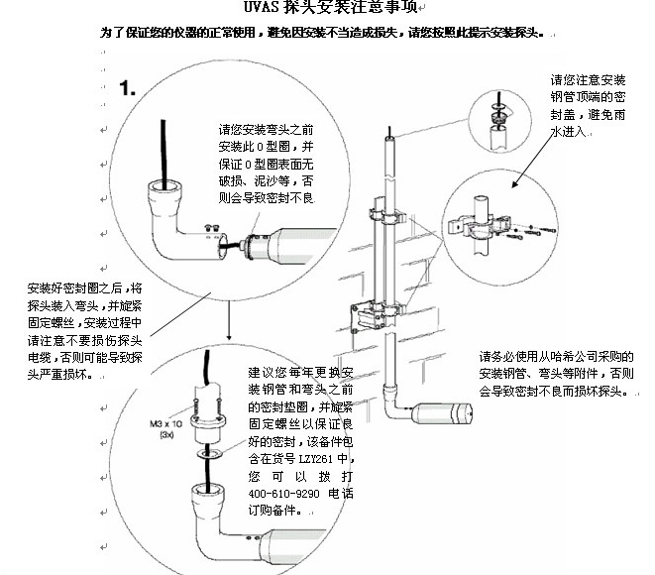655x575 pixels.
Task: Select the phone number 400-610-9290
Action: click(279, 492)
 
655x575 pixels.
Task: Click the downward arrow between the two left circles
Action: click(230, 322)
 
